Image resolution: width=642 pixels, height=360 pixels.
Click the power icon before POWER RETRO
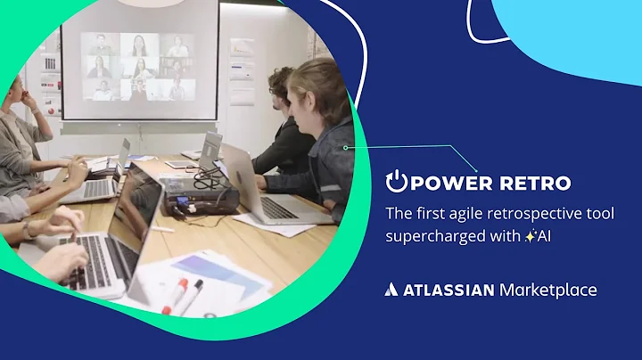pos(396,182)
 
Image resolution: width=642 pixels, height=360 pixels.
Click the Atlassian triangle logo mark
pos(391,290)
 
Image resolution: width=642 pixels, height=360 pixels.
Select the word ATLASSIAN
pos(448,290)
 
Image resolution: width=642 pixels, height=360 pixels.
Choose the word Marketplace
pos(548,290)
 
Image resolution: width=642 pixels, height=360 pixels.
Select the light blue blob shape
pos(571,27)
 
